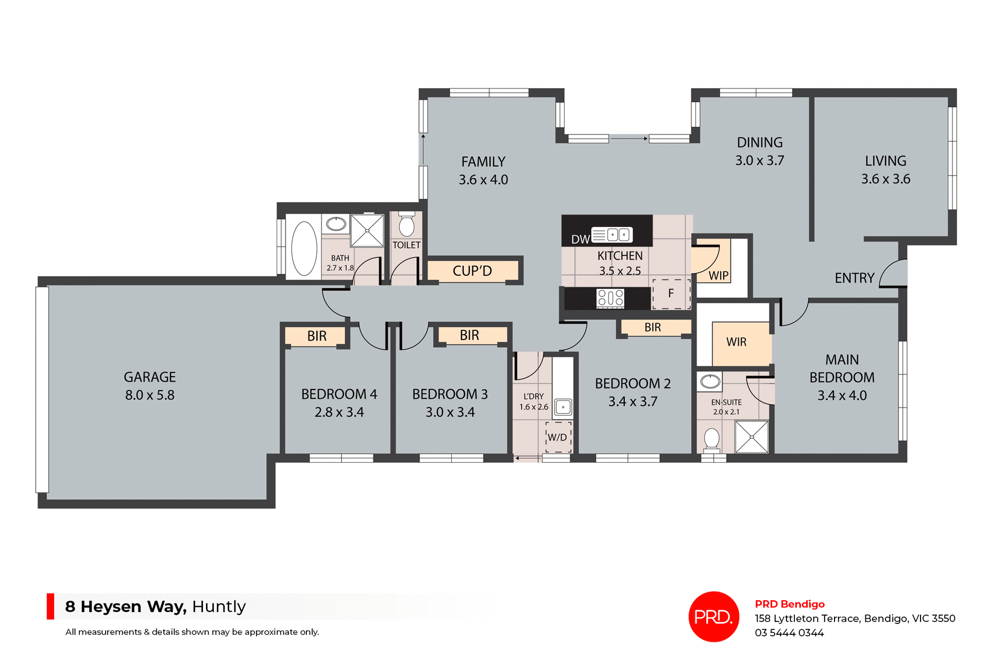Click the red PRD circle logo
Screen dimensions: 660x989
pos(713,616)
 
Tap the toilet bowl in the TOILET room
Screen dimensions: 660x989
pos(406,226)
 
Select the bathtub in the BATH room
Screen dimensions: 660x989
pos(304,248)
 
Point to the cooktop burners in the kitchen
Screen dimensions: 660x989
pos(610,298)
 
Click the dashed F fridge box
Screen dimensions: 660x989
pos(671,294)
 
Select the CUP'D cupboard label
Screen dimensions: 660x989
pos(472,271)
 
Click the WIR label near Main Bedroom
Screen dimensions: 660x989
pos(736,342)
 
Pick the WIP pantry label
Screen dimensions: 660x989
pos(718,276)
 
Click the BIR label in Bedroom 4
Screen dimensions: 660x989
pos(317,336)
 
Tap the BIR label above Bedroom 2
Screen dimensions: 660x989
pos(653,327)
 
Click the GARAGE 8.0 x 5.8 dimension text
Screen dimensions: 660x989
pos(150,395)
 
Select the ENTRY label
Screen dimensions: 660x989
pos(855,278)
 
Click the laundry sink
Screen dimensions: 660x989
pos(563,407)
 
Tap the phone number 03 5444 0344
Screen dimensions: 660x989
pos(789,633)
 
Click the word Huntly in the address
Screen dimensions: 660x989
pos(219,606)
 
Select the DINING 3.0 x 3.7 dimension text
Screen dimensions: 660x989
pos(759,160)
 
